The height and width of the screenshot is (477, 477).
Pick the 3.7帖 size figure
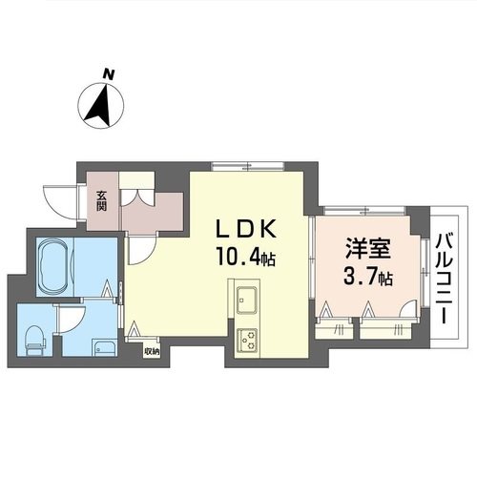[x=367, y=278]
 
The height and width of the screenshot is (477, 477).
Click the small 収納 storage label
[x=152, y=351]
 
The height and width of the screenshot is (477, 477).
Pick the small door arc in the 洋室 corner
[x=406, y=309]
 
